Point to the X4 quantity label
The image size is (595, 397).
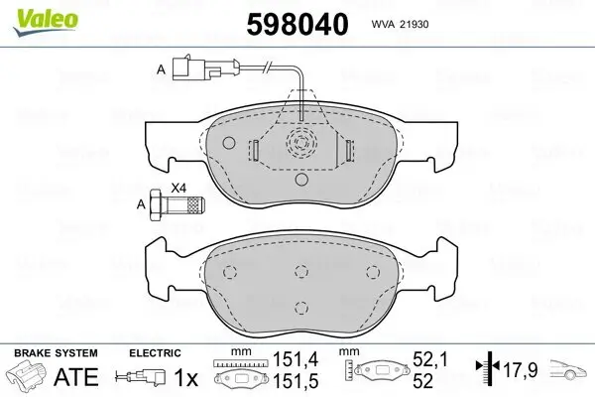click(x=178, y=188)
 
